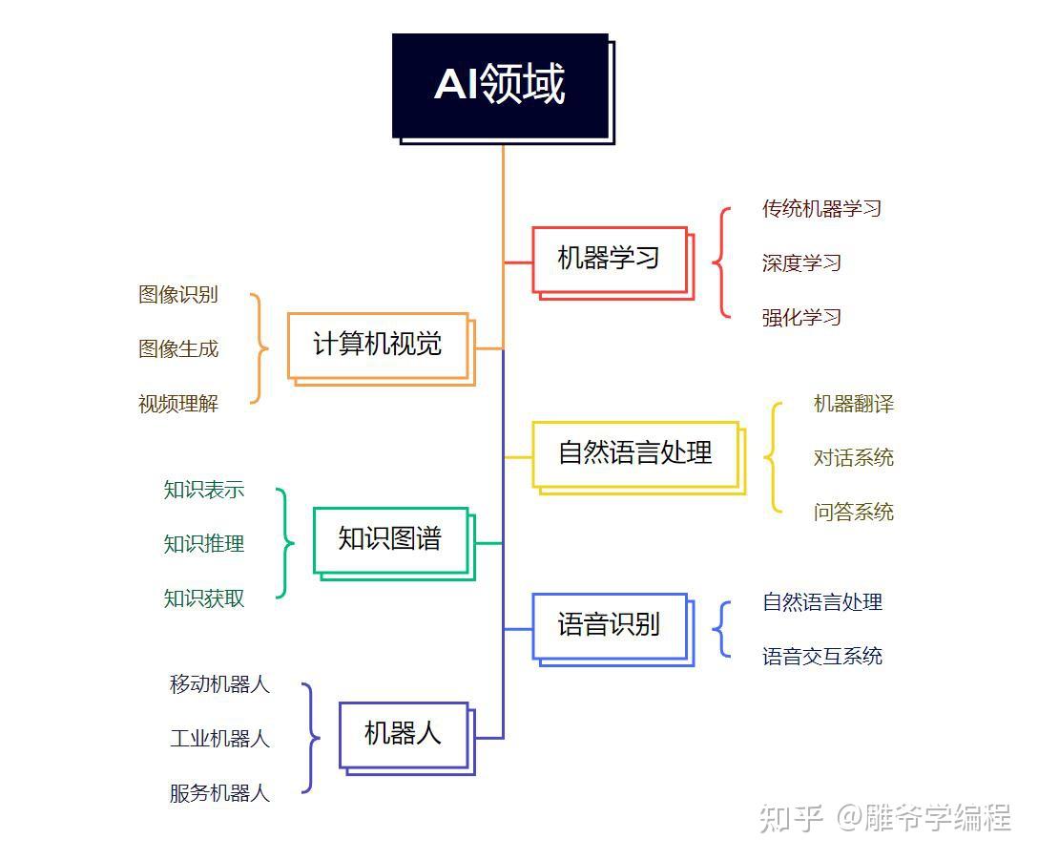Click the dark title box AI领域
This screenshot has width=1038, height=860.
coord(503,88)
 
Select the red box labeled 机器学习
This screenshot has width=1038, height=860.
coord(613,263)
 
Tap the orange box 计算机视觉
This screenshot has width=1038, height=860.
coord(382,348)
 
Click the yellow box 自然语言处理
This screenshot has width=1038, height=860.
coord(639,458)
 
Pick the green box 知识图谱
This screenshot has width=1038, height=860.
coord(394,543)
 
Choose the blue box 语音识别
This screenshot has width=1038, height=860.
coord(613,629)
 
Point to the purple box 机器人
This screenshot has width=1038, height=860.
coord(406,738)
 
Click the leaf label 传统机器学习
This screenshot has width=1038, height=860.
coord(821,209)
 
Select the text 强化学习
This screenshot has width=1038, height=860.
coord(801,317)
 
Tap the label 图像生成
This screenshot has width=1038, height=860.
coord(178,348)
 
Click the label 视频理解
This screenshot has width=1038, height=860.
coord(178,404)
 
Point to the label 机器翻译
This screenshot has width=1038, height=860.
coord(853,404)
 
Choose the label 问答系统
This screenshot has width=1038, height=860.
coord(853,513)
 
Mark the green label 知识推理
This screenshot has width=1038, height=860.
coord(204,544)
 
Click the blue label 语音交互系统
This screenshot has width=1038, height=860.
coord(822,657)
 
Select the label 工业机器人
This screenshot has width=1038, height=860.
coord(219,738)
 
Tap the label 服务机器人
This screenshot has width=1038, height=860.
coord(219,793)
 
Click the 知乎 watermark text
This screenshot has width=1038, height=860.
coord(791,818)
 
